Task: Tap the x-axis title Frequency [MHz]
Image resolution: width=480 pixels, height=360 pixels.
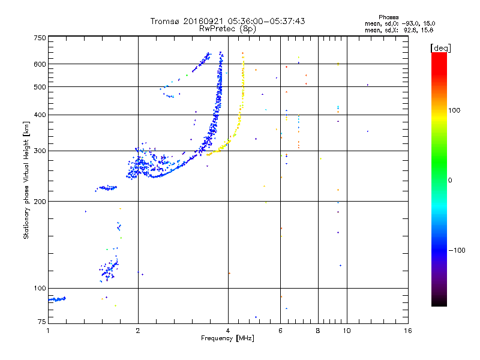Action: [228, 339]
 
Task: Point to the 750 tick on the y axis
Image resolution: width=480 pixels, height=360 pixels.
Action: [40, 38]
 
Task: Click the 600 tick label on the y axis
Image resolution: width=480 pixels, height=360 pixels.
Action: [40, 64]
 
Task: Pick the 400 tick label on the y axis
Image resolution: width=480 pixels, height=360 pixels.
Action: [40, 115]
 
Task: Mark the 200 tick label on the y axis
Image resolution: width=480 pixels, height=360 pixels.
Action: [40, 202]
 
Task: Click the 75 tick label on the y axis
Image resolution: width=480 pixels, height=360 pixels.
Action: [41, 323]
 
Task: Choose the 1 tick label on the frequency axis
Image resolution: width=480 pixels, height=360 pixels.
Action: [49, 331]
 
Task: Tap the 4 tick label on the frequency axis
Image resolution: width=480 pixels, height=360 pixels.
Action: [228, 331]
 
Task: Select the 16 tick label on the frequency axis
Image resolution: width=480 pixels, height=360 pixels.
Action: [408, 331]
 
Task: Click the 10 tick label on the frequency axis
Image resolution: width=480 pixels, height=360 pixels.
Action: [346, 331]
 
